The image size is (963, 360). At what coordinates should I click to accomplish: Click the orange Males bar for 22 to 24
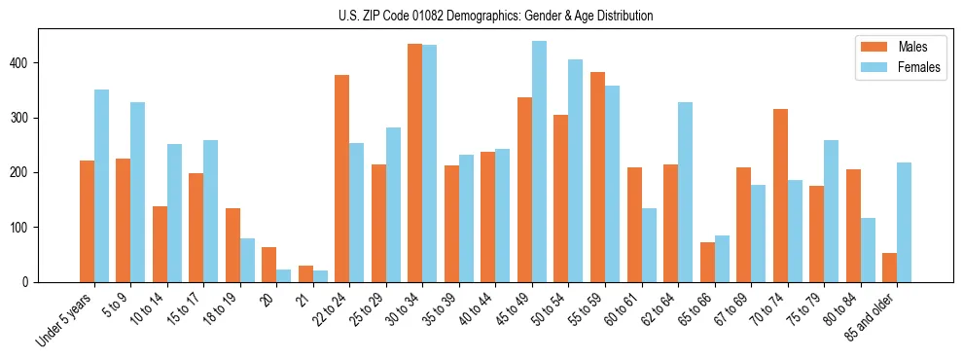tap(342, 178)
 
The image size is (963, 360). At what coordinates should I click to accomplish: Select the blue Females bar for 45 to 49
tap(539, 162)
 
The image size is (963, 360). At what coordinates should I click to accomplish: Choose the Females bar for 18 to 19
tap(247, 260)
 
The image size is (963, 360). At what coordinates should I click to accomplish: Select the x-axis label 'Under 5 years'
tap(66, 319)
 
